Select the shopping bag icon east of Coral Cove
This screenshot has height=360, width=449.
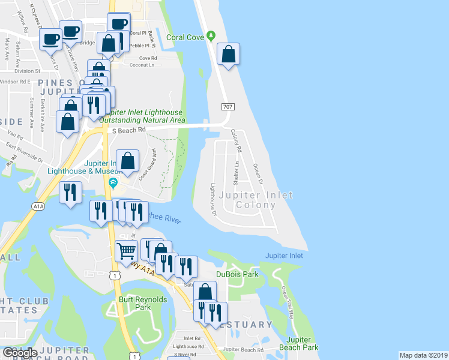[228, 55]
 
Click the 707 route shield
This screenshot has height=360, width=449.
[228, 107]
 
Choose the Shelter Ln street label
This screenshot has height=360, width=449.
[237, 172]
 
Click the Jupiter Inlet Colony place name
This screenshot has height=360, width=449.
[256, 200]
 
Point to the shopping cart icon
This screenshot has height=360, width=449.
[127, 251]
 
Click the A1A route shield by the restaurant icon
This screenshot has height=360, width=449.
[38, 206]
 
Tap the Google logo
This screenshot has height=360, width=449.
[20, 353]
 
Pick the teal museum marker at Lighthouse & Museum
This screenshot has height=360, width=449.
[113, 182]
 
